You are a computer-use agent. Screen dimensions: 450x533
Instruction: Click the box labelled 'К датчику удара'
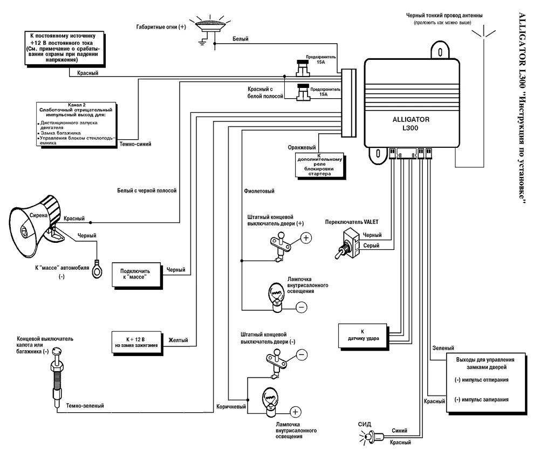point(362,335)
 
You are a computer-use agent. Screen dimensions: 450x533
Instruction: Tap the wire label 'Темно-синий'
point(135,144)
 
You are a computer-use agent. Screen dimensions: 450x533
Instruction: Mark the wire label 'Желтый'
point(178,340)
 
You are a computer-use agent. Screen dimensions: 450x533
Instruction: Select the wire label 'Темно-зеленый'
point(85,406)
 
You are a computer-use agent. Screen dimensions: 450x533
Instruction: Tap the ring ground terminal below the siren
point(97,269)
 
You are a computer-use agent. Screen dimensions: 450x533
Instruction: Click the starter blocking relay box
point(318,165)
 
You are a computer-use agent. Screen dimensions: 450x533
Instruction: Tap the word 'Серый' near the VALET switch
point(371,246)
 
